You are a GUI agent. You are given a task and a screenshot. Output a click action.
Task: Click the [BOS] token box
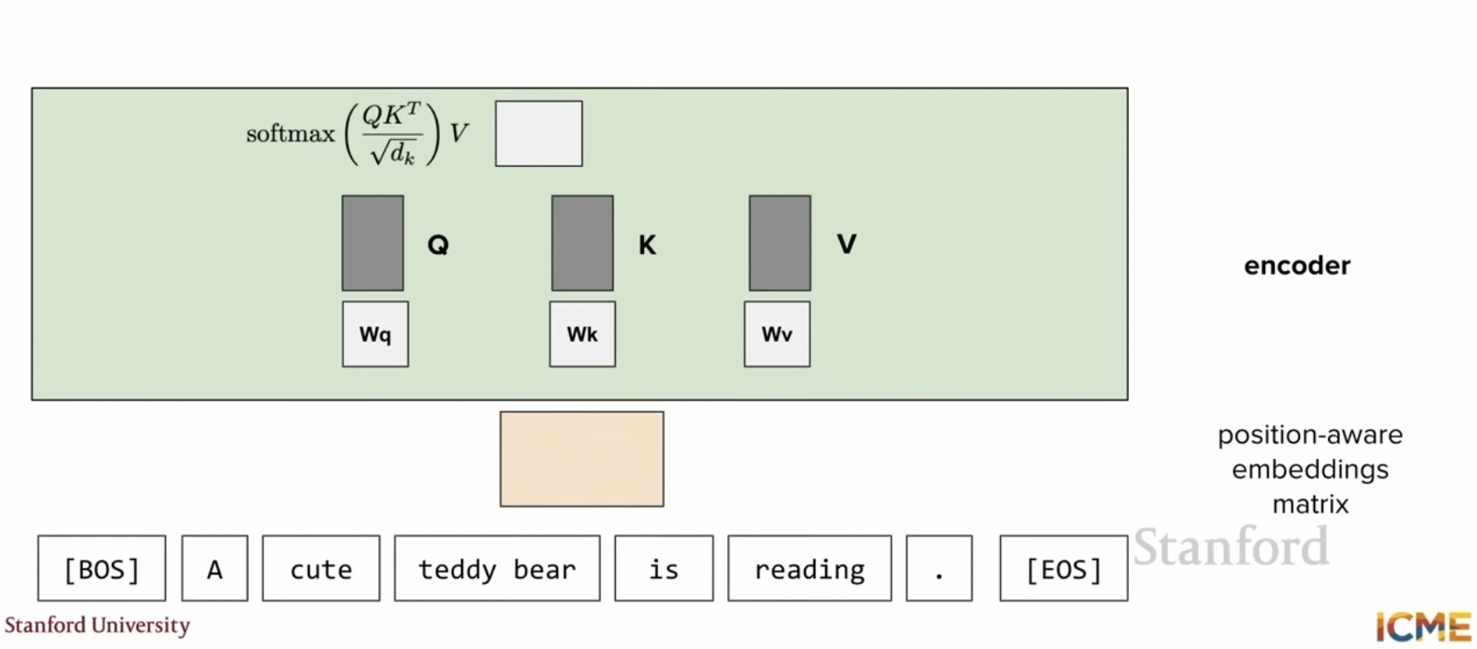tap(101, 568)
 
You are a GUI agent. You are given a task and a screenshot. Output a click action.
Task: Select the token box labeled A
tap(215, 568)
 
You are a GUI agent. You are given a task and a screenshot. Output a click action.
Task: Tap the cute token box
tap(321, 568)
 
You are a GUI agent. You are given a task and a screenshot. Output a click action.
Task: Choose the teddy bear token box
tap(497, 568)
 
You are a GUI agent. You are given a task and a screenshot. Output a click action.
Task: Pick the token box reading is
tap(664, 568)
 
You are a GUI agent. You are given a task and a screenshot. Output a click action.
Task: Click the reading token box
tap(809, 568)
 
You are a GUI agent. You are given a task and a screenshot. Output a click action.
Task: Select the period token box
tap(939, 568)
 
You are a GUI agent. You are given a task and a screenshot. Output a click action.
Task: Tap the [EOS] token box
tap(1064, 568)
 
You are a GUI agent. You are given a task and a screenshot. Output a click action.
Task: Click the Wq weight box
tap(375, 334)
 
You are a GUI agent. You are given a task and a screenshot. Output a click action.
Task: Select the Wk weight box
tap(582, 334)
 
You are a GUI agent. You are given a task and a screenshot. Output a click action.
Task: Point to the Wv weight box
tap(777, 334)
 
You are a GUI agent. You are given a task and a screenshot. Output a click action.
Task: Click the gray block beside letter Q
tap(373, 242)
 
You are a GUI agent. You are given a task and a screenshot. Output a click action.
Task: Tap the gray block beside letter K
tap(582, 242)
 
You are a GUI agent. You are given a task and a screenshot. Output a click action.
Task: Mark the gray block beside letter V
tap(780, 242)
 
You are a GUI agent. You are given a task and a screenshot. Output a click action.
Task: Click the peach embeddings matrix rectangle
tap(582, 459)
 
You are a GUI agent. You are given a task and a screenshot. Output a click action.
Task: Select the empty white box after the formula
tap(539, 134)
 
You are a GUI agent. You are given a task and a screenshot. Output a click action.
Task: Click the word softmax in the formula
tap(290, 135)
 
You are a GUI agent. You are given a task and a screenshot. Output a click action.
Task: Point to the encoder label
tap(1297, 266)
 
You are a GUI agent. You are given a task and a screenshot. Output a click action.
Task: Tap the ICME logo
tap(1423, 626)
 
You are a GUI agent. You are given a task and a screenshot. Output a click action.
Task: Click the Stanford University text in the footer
tap(97, 625)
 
